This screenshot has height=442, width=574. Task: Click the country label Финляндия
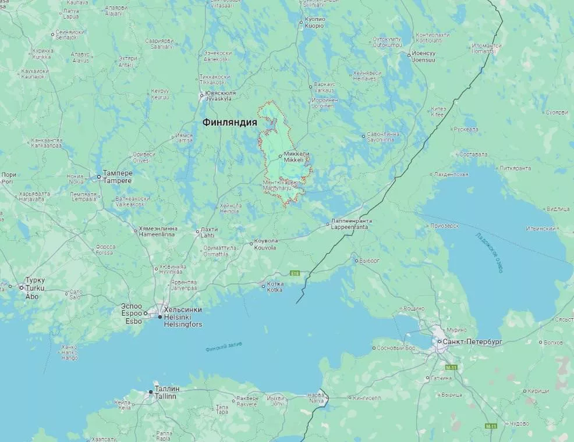tap(229, 122)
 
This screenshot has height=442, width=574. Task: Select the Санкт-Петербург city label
tap(472, 342)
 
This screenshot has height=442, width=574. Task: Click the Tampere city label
tap(118, 177)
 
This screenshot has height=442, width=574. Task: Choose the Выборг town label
tap(370, 261)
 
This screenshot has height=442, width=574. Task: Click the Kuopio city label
tap(314, 23)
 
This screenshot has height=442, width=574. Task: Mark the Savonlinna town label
tap(382, 137)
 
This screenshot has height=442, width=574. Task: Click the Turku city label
tap(35, 284)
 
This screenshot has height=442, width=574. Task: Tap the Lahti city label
tap(209, 232)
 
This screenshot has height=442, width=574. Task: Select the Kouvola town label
tap(266, 244)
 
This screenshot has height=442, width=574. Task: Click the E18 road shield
tap(295, 273)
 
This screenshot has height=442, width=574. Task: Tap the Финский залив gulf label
tap(224, 347)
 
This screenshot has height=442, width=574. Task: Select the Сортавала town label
tap(473, 155)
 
